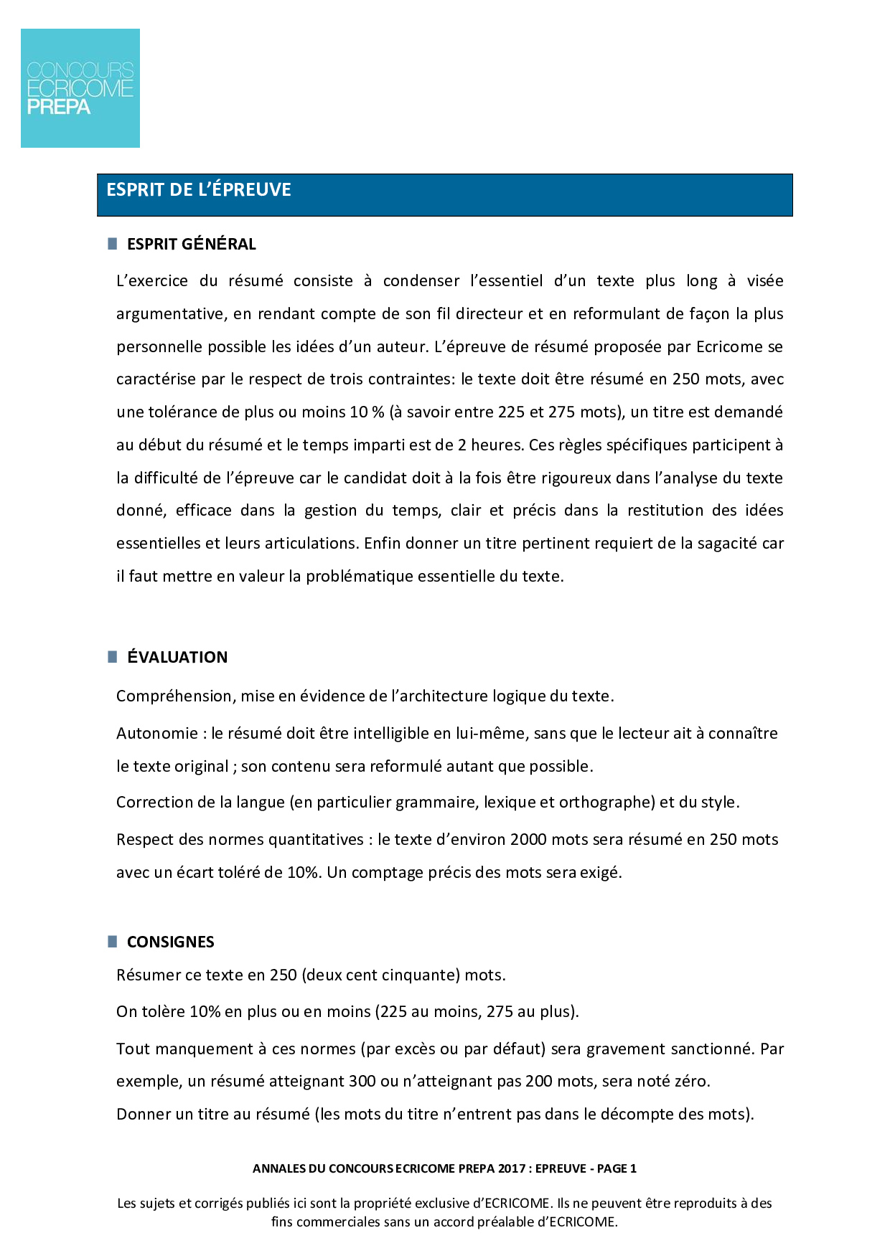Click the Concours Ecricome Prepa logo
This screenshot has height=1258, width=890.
[x=80, y=88]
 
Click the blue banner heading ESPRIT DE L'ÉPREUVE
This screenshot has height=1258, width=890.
[x=199, y=190]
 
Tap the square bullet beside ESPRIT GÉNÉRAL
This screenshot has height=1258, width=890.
[x=113, y=244]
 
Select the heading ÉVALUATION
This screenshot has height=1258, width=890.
[x=177, y=657]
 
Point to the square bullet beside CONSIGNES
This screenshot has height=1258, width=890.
[x=113, y=942]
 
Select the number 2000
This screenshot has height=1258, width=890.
[x=528, y=840]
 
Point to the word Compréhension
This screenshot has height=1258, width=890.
[x=174, y=696]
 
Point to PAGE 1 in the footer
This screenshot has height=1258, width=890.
[x=617, y=1168]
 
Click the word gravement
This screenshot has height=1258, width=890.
[x=625, y=1049]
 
